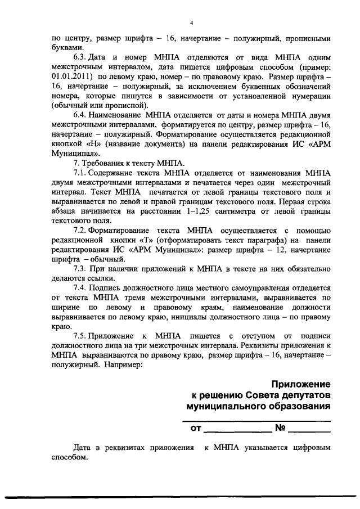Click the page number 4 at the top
[x=191, y=22]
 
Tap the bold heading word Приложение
[x=301, y=384]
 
